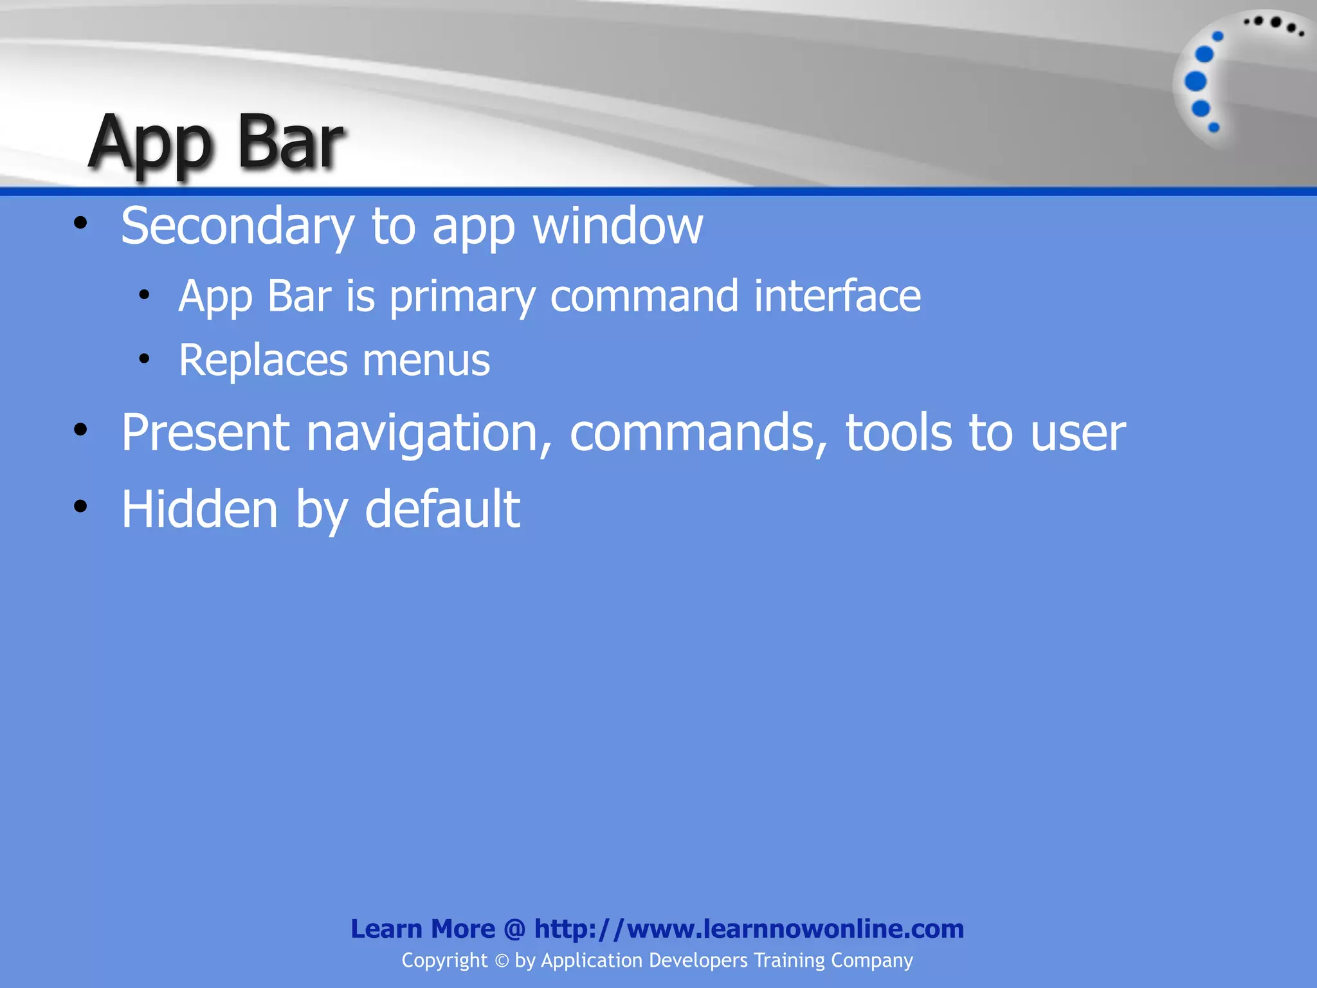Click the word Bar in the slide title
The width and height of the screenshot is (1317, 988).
(x=290, y=143)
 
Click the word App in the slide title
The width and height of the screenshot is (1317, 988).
(x=150, y=145)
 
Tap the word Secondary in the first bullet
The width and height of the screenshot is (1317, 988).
(x=237, y=227)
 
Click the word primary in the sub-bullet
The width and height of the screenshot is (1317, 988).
(x=462, y=297)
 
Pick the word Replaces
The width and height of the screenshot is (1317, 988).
(x=262, y=360)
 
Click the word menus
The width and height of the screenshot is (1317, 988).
(x=426, y=361)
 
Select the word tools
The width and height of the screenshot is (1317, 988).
(x=898, y=432)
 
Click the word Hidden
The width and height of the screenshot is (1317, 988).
(x=199, y=509)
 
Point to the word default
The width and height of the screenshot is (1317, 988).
(x=442, y=509)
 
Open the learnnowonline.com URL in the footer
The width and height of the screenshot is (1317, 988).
(x=749, y=929)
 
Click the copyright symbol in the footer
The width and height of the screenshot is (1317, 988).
(x=502, y=961)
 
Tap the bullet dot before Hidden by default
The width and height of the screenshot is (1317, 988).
(x=80, y=507)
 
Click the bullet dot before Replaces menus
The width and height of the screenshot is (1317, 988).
(x=144, y=358)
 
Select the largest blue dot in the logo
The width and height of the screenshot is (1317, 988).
(x=1195, y=82)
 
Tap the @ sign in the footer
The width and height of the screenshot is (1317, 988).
(x=514, y=929)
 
